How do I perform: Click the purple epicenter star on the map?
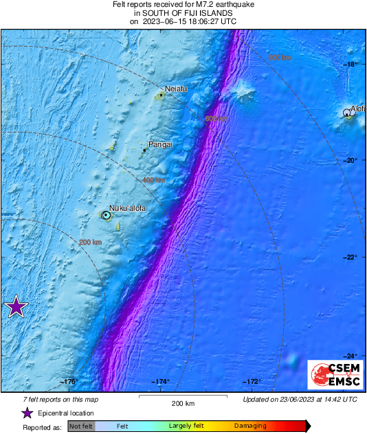(x=15, y=307)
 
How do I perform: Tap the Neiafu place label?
(x=176, y=89)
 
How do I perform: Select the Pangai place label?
(x=160, y=145)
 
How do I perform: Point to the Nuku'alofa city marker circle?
(x=106, y=215)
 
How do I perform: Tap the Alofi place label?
(x=357, y=108)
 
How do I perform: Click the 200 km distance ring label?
(x=91, y=242)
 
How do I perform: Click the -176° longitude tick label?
(x=70, y=382)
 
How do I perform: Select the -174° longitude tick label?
(x=161, y=382)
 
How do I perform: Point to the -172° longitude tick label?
(x=252, y=382)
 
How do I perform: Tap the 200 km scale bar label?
(x=183, y=404)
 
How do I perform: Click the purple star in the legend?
(x=27, y=413)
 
